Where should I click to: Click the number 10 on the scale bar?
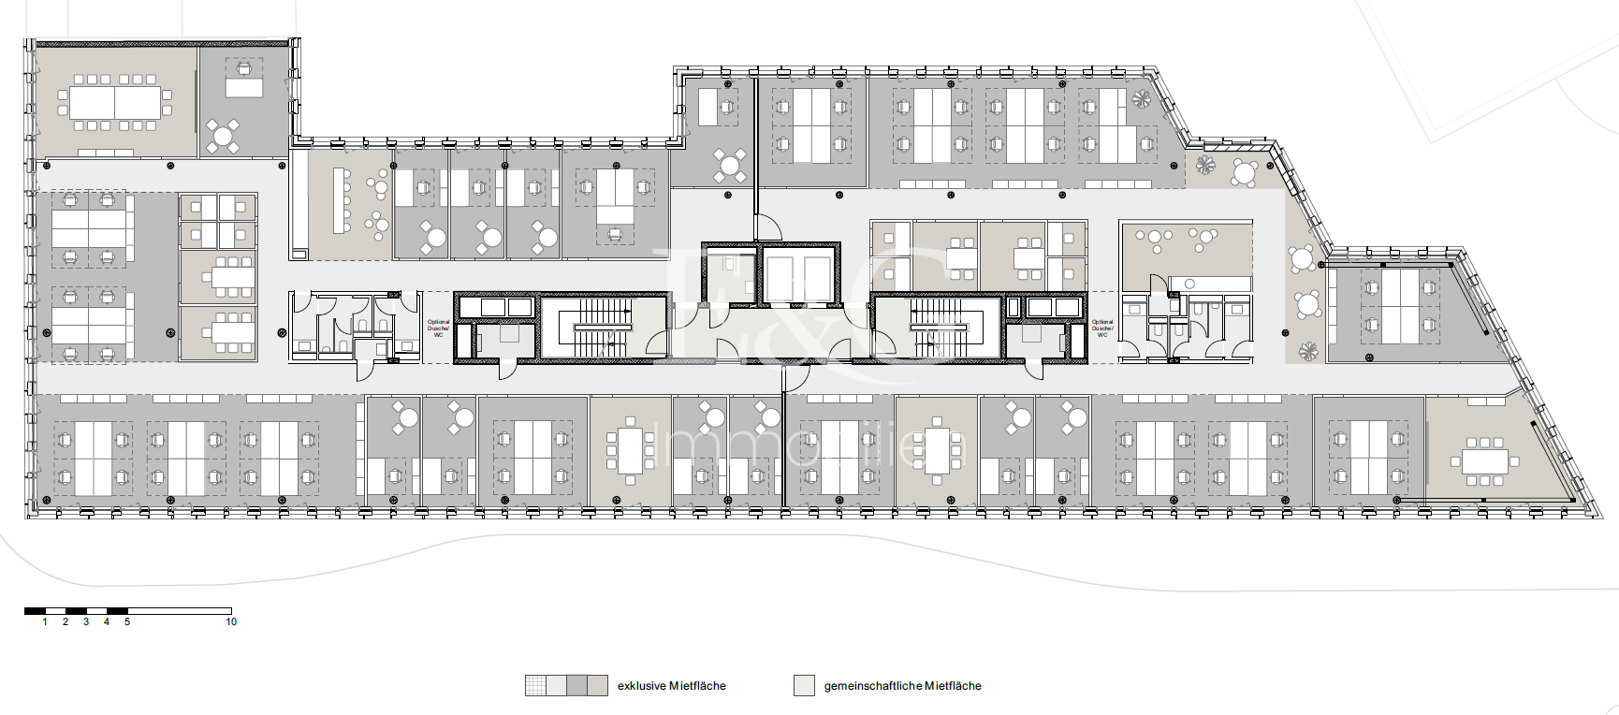tap(231, 621)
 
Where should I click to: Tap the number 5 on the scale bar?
tap(127, 621)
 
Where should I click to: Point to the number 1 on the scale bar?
tap(45, 621)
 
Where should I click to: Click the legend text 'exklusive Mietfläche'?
tap(671, 686)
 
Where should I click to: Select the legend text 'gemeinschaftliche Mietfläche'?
tap(902, 686)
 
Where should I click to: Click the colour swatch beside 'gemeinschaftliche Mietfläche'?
tap(804, 686)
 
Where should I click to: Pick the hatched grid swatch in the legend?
tap(535, 686)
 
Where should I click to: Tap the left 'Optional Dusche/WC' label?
tap(438, 328)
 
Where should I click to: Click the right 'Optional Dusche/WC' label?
tap(1102, 328)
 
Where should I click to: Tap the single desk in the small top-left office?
tap(244, 87)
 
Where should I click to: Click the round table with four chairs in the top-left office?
tap(223, 137)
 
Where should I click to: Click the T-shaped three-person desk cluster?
tap(615, 198)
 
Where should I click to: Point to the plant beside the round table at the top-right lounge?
tap(1205, 166)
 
